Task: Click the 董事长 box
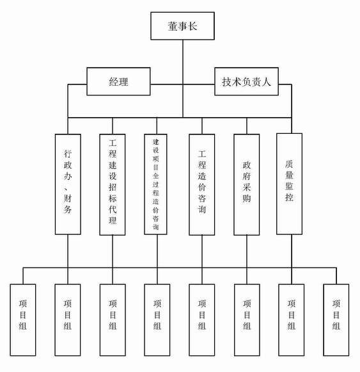pyautogui.click(x=182, y=26)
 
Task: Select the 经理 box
pyautogui.click(x=118, y=81)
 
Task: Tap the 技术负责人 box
pyautogui.click(x=246, y=81)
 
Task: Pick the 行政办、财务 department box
pyautogui.click(x=68, y=184)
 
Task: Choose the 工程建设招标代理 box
pyautogui.click(x=113, y=184)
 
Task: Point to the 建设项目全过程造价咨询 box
pyautogui.click(x=156, y=184)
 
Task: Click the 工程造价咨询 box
pyautogui.click(x=202, y=184)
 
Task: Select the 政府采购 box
pyautogui.click(x=246, y=184)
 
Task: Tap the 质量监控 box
pyautogui.click(x=290, y=184)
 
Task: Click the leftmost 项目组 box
pyautogui.click(x=23, y=319)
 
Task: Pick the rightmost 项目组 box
pyautogui.click(x=336, y=319)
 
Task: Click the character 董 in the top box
pyautogui.click(x=173, y=26)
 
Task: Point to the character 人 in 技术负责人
pyautogui.click(x=266, y=82)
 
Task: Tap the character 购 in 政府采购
pyautogui.click(x=246, y=198)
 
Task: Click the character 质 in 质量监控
pyautogui.click(x=289, y=164)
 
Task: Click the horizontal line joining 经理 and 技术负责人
pyautogui.click(x=182, y=85)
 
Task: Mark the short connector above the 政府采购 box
pyautogui.click(x=247, y=126)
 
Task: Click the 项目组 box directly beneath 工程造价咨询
pyautogui.click(x=202, y=319)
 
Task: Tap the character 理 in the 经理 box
pyautogui.click(x=123, y=82)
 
